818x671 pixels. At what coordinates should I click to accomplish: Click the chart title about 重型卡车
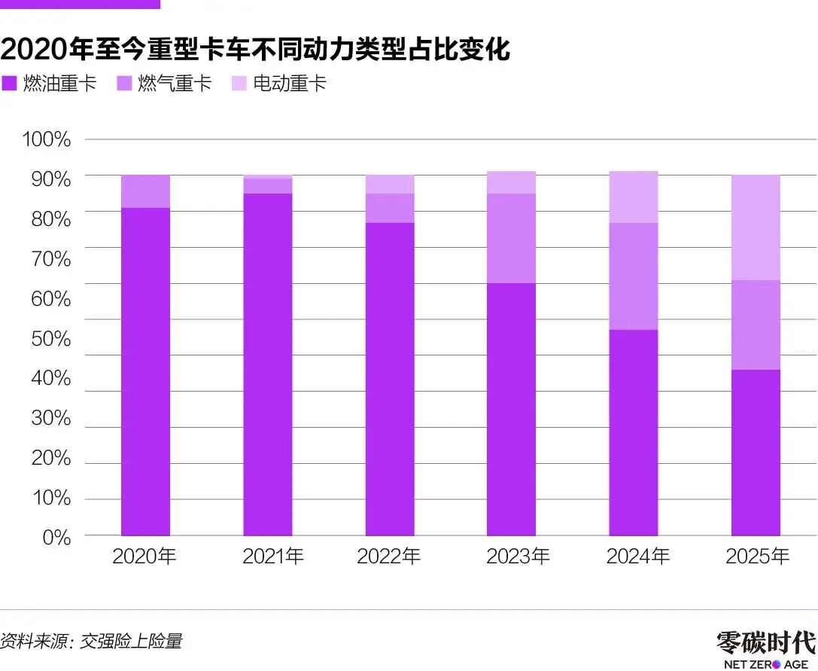click(256, 50)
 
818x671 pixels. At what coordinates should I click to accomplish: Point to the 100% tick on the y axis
click(47, 140)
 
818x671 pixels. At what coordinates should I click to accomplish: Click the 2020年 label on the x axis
click(144, 557)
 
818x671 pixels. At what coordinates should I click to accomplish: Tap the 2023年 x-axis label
click(518, 557)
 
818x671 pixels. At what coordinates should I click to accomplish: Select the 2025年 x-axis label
click(757, 557)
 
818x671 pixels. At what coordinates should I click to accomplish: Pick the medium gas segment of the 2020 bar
click(145, 191)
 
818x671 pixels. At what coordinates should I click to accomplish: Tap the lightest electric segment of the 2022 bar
click(390, 184)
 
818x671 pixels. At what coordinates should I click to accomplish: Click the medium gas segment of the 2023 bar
click(511, 238)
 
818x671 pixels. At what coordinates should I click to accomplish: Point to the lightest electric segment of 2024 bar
click(634, 197)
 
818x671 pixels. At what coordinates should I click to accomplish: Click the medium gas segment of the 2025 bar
click(756, 325)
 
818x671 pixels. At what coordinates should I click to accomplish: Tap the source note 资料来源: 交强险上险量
click(91, 641)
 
